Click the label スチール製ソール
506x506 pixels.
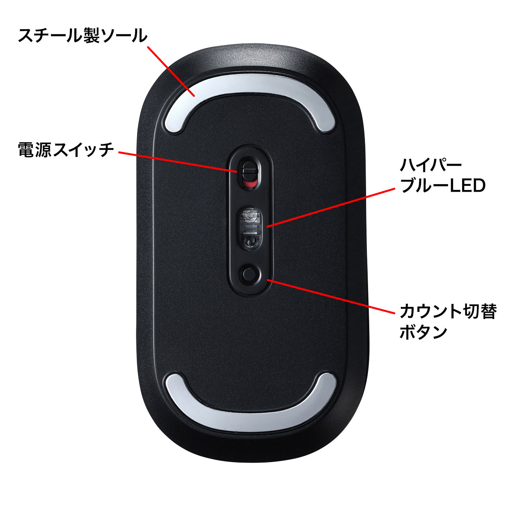[83, 36]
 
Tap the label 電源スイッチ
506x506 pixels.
[66, 150]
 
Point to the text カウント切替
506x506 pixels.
[448, 312]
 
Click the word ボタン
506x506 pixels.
[423, 332]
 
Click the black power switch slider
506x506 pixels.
[249, 171]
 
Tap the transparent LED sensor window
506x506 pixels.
[251, 227]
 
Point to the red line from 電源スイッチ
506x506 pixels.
[178, 162]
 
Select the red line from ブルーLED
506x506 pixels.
[330, 207]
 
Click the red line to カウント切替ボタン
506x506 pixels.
[331, 296]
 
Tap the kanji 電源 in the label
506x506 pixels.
[35, 150]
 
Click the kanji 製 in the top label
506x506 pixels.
[92, 36]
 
